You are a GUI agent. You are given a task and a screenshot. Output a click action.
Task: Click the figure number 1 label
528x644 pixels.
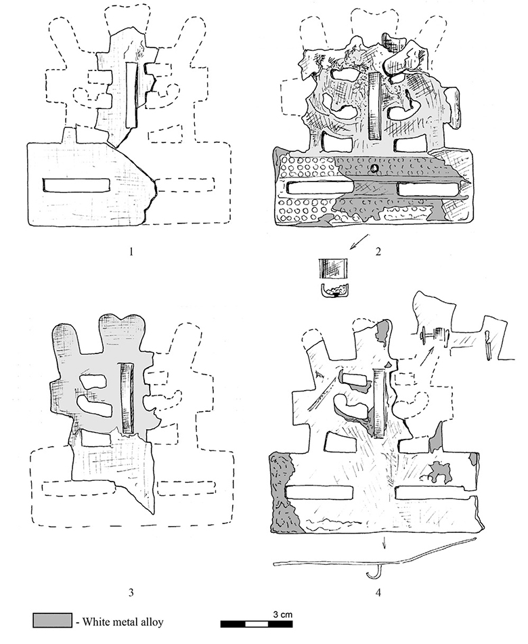tap(131, 251)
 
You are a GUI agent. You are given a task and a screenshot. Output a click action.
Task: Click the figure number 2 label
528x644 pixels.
tap(378, 251)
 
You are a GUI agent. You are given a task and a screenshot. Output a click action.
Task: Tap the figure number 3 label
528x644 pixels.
tap(131, 593)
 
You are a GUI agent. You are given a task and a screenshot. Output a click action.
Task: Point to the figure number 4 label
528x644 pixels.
tap(378, 593)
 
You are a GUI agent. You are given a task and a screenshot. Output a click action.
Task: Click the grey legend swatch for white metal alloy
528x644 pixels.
tap(52, 620)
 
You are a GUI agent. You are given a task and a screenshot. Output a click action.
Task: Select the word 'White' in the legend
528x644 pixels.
tap(95, 622)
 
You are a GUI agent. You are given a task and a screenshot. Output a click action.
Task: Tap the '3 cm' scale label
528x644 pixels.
tap(283, 615)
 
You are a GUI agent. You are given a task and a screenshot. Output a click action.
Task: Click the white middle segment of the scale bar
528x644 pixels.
tap(257, 624)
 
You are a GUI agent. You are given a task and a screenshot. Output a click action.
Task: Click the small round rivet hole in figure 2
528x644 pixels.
tap(374, 167)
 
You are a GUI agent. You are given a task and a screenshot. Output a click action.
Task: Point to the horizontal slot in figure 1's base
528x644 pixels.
tap(76, 186)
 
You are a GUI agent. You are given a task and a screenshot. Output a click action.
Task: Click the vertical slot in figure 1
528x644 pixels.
tap(132, 95)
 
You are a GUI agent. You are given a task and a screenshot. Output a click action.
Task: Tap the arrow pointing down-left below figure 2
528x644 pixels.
tap(358, 242)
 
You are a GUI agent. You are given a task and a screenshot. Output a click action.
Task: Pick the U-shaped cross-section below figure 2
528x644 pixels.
tap(334, 290)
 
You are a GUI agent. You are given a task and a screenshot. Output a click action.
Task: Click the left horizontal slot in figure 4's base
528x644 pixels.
tap(320, 492)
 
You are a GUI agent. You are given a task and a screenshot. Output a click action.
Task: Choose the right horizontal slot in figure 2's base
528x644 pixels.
tap(428, 189)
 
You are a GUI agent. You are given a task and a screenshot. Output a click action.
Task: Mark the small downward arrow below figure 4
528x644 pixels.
tap(384, 542)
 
